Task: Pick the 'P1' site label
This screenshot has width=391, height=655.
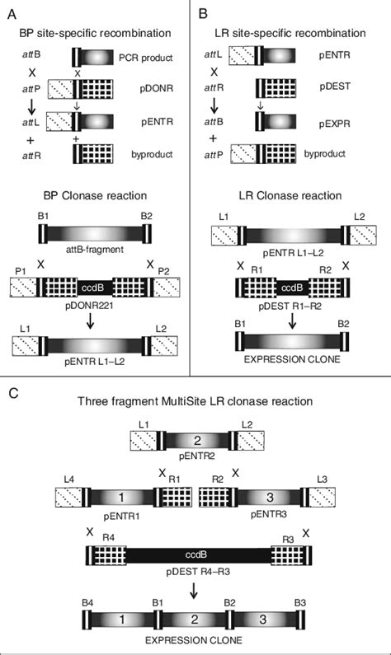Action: (21, 269)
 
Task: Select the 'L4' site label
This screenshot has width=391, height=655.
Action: (69, 479)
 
